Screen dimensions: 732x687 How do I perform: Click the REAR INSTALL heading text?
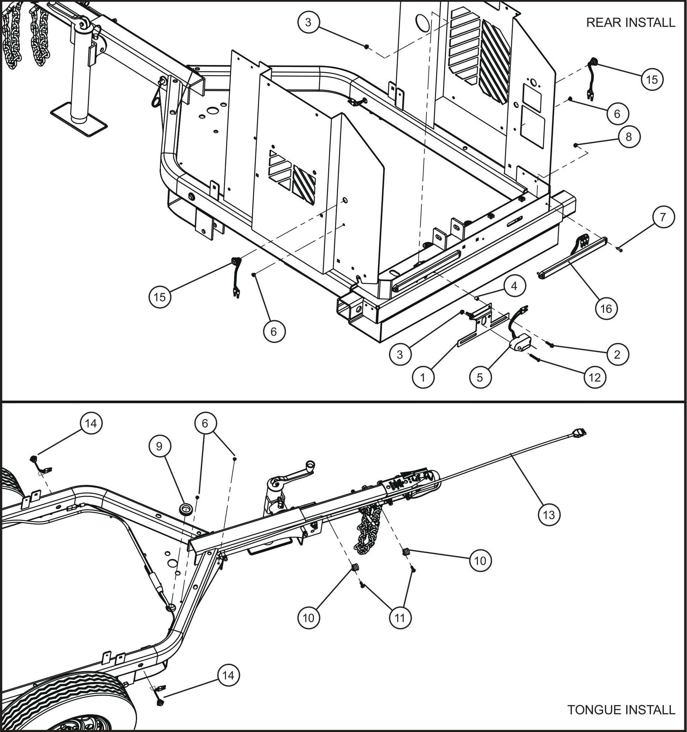(630, 23)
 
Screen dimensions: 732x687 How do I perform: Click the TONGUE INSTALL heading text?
(621, 709)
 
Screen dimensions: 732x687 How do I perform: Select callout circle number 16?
(606, 308)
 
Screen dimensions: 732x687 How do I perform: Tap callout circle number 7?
(663, 217)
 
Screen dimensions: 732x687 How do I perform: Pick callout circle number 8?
(628, 137)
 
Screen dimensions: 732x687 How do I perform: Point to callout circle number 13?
(549, 514)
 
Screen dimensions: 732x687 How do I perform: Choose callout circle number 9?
(159, 446)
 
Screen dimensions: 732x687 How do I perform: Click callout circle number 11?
(400, 618)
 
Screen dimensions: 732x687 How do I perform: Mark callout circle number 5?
(480, 377)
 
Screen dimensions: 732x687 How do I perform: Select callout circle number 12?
(595, 377)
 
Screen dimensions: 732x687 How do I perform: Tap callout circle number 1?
(423, 377)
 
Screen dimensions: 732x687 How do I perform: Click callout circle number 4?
(514, 286)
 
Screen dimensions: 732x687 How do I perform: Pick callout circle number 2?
(617, 354)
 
